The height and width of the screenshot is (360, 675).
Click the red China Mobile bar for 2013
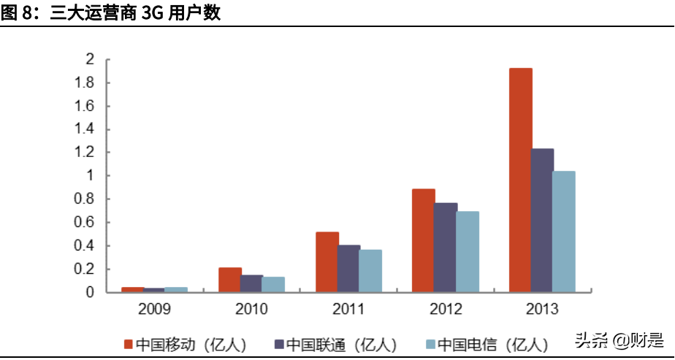coord(520,180)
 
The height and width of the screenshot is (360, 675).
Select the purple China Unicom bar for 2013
coord(542,221)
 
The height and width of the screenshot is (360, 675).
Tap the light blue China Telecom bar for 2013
coord(564,231)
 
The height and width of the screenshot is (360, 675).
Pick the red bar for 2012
coord(424,240)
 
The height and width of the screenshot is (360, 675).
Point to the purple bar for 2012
coord(446,248)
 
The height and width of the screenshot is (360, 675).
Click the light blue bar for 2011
coord(370,271)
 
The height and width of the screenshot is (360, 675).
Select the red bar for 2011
coord(327,262)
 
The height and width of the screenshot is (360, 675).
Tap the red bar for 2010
coord(230,280)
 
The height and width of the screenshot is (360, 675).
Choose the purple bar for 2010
coord(252,283)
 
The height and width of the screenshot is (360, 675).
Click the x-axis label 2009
coord(155,309)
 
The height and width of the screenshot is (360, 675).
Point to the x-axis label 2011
coord(348,309)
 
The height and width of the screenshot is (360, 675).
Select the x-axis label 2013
coord(542,309)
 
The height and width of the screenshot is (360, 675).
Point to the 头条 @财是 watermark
coord(619,340)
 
